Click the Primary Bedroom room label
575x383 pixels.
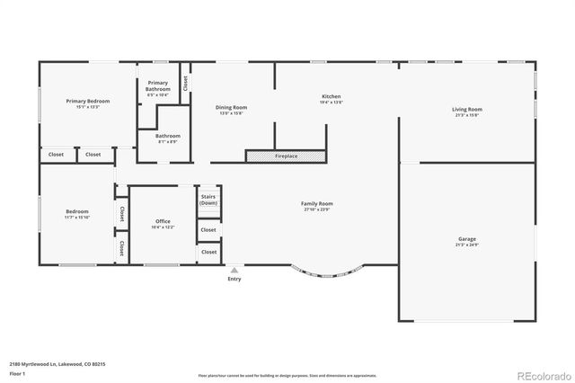(x=88, y=101)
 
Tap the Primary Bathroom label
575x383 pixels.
(x=157, y=86)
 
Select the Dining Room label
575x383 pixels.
(x=233, y=107)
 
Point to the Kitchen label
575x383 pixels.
(x=332, y=96)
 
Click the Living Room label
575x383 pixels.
(x=466, y=109)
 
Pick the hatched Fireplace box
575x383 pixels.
(x=286, y=156)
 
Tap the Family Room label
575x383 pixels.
(x=317, y=203)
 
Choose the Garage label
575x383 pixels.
(x=466, y=238)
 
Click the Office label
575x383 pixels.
(x=163, y=221)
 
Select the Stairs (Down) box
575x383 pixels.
(x=208, y=200)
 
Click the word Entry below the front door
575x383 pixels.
(x=234, y=279)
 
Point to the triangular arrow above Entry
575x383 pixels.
(x=234, y=270)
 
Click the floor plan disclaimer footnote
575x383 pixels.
(x=287, y=375)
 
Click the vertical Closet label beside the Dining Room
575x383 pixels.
(x=186, y=83)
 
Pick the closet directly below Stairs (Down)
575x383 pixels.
(x=208, y=230)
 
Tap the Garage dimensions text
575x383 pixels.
(x=466, y=245)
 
